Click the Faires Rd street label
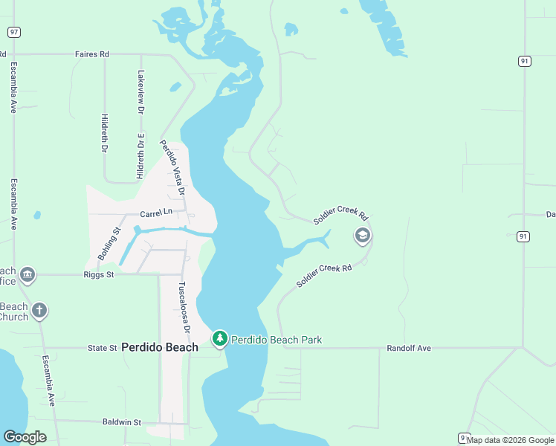(x=92, y=54)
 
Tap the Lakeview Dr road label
(x=140, y=91)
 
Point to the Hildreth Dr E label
(x=140, y=156)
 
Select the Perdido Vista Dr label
(x=172, y=169)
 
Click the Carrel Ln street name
(x=156, y=213)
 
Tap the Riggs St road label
(x=99, y=275)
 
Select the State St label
(x=103, y=347)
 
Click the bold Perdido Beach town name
(x=160, y=347)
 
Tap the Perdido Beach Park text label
(x=277, y=340)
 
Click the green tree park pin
(x=219, y=339)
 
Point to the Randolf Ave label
(x=409, y=348)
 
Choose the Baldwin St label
(x=121, y=422)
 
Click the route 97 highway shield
(x=14, y=32)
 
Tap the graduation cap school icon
(x=362, y=236)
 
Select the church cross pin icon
(x=39, y=311)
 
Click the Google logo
(x=25, y=437)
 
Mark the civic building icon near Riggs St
(x=28, y=275)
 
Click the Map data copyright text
(x=511, y=440)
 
